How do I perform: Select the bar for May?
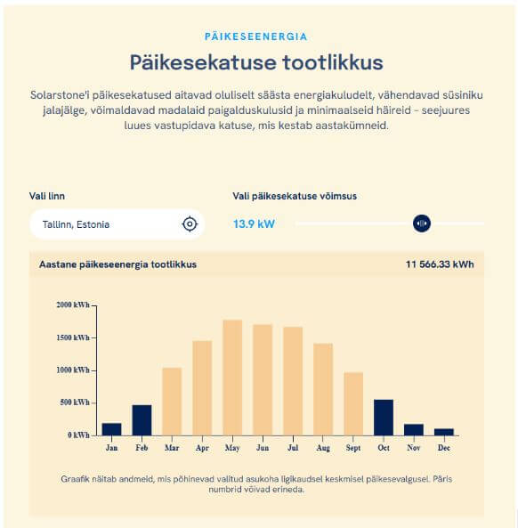(232, 378)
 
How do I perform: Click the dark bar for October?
(384, 418)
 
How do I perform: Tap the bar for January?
(111, 429)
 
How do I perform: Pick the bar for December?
(443, 432)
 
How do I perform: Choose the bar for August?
(323, 389)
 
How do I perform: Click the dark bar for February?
(142, 420)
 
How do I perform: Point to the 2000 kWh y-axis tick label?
(74, 305)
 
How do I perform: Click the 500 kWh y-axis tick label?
(74, 402)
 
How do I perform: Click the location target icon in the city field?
(189, 223)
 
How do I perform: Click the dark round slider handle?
(422, 223)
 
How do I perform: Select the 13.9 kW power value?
(254, 223)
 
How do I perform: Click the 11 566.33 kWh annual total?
(440, 264)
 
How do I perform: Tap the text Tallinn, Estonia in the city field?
(76, 224)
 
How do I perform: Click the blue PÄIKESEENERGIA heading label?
(256, 37)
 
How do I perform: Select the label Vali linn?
(47, 196)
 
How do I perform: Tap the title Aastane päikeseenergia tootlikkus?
(117, 264)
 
